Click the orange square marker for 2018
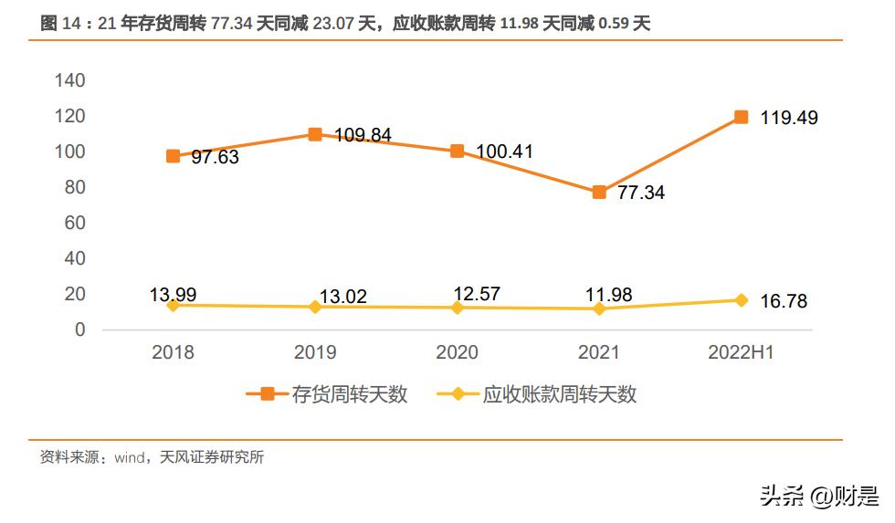[173, 156]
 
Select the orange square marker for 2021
[599, 192]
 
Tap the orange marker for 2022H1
[742, 117]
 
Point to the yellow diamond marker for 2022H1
[742, 300]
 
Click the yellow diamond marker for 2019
[315, 307]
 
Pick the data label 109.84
[363, 135]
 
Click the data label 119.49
[789, 118]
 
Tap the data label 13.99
[173, 294]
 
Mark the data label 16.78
[783, 301]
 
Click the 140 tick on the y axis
[69, 80]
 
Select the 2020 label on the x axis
[457, 352]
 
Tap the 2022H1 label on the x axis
[741, 352]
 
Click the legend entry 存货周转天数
[349, 394]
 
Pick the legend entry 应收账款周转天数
[559, 394]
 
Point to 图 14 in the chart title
[61, 25]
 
